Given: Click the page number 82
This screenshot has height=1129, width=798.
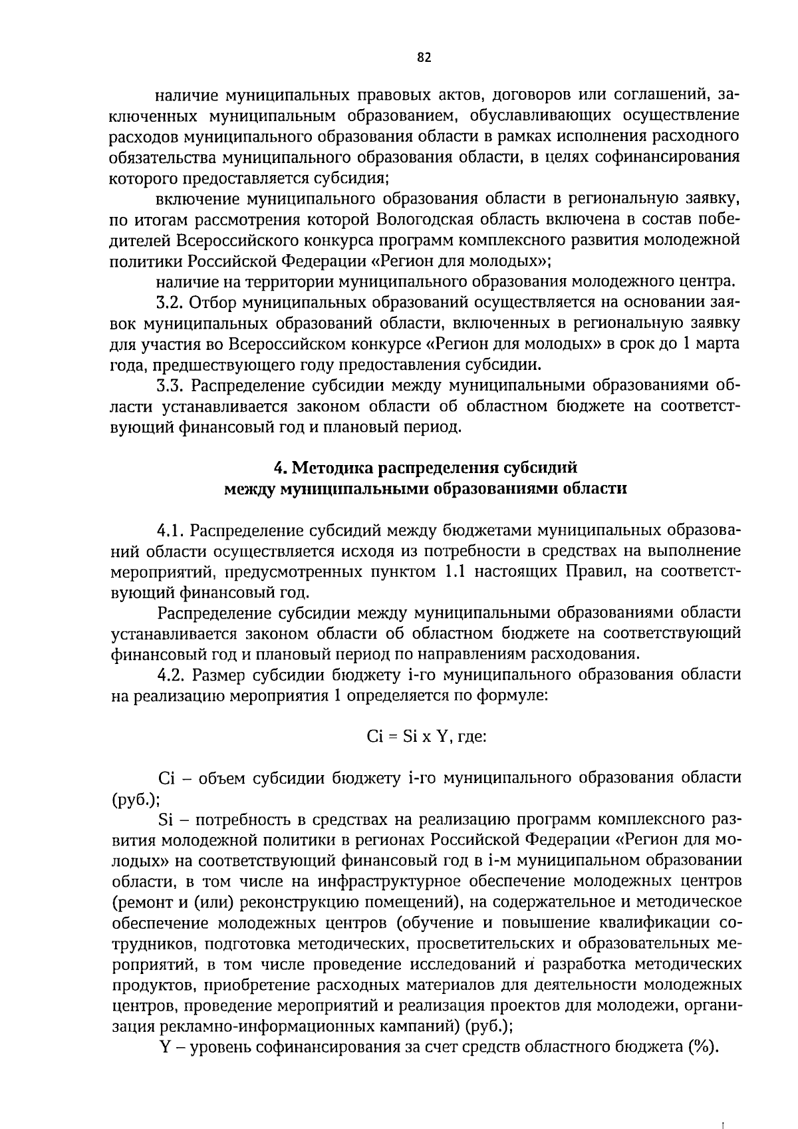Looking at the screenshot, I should (424, 58).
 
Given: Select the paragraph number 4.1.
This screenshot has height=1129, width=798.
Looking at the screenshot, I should (170, 530).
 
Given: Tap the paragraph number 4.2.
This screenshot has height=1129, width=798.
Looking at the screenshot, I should (170, 675).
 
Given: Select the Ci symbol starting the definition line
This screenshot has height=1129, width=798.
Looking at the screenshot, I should (165, 778).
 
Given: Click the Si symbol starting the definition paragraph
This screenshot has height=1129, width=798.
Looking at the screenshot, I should (166, 819).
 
